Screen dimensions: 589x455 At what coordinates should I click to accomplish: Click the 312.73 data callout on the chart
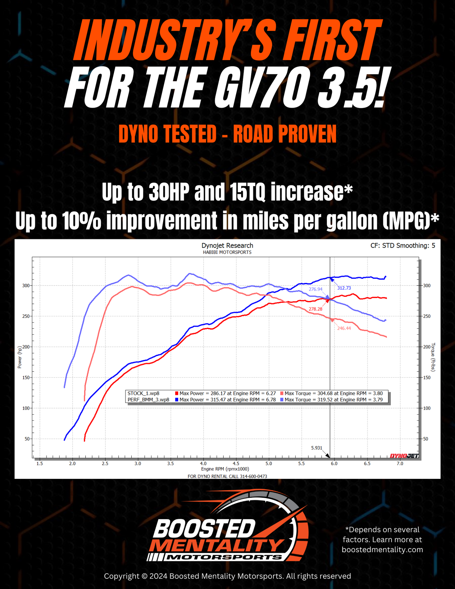point(344,288)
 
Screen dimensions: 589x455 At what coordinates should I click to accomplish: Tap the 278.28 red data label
point(315,309)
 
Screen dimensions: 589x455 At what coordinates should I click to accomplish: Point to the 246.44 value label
point(344,328)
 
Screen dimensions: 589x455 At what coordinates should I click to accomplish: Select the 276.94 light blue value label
point(315,289)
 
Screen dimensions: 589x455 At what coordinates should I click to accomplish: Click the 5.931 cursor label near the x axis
point(316,448)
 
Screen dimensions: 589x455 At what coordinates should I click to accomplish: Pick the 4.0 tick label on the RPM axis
point(203,463)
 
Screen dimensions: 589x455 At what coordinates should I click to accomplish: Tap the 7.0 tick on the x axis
point(400,463)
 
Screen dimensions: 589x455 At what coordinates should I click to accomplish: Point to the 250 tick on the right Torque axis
point(426,316)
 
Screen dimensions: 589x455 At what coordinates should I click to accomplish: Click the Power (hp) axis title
point(20,357)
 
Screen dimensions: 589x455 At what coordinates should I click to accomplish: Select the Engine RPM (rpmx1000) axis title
point(225,469)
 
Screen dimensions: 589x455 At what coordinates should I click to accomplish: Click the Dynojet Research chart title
point(227,246)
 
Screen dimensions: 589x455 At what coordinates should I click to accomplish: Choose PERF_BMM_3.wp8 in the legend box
point(148,399)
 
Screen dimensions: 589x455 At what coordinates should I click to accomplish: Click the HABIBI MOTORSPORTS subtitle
point(227,252)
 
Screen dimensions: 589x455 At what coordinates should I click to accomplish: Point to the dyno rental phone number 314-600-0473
point(253,476)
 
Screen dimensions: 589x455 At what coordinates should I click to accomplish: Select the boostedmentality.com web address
point(382,550)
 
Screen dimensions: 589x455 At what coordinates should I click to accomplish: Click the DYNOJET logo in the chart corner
point(404,456)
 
